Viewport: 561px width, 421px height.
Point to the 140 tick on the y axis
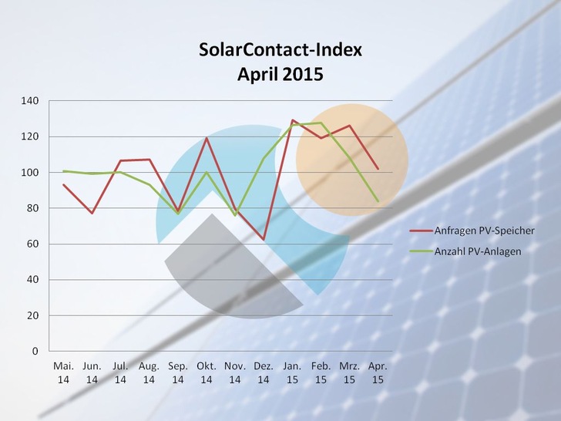pos(30,101)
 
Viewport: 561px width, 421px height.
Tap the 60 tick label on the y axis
pos(33,244)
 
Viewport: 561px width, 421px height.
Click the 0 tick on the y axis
pos(35,352)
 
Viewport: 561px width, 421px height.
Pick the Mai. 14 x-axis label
pos(63,372)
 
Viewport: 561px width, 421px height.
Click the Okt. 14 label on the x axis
pos(207,372)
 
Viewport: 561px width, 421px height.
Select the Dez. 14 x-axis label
pos(264,372)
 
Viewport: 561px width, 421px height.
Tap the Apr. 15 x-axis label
pos(378,372)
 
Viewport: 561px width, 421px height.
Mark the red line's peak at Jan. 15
pos(293,120)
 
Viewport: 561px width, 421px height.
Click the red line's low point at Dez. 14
pos(264,240)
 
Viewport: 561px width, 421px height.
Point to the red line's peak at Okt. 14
pos(207,138)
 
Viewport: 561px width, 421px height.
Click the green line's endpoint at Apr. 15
pos(378,201)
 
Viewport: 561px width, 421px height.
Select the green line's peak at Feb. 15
pos(321,123)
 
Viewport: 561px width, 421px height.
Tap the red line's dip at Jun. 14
pos(92,213)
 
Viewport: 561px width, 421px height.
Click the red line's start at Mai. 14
pos(63,184)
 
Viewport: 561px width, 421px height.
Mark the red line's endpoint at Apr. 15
pos(378,168)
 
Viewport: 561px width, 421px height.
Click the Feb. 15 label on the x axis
pos(321,372)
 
